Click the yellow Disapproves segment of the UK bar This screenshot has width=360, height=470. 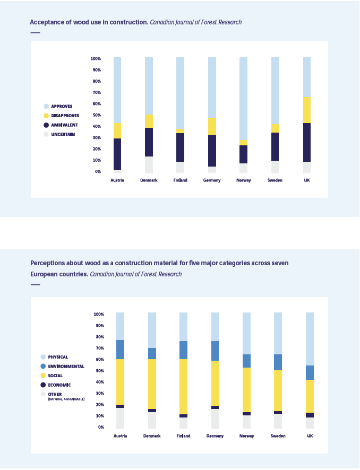tap(307, 110)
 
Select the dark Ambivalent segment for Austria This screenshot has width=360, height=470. tap(117, 154)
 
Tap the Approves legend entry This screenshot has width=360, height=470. tap(62, 107)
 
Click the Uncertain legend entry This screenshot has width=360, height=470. tap(63, 134)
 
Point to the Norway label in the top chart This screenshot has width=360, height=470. tap(243, 180)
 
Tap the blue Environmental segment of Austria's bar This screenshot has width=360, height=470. tap(121, 350)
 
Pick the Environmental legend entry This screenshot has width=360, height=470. tap(66, 367)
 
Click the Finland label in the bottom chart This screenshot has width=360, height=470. tap(183, 436)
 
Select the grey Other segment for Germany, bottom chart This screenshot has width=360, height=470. tap(215, 419)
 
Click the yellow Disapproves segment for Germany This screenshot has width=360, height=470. tap(212, 126)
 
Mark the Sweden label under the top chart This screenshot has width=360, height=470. tap(275, 180)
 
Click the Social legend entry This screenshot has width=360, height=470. tap(55, 376)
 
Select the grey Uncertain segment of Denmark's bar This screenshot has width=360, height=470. tap(149, 164)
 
